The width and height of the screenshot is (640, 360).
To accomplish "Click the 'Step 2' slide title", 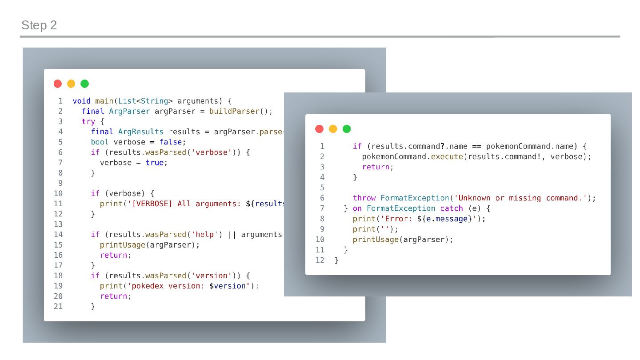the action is pos(39,25).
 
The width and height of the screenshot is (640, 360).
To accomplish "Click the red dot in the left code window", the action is pos(58,84).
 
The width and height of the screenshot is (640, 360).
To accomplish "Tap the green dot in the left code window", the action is pos(84,84).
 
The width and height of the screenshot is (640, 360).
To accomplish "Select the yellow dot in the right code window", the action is pos(333,129).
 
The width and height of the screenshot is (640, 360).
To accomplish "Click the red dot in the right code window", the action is pos(319,129).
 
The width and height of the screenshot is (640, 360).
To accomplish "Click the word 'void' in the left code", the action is pos(81,101).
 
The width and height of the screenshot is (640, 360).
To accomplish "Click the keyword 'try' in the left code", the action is pos(88,121).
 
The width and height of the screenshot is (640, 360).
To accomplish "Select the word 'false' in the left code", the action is pos(171,142).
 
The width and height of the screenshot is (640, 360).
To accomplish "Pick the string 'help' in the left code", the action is pos(207,234).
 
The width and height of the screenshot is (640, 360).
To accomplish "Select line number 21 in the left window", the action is pos(58,306).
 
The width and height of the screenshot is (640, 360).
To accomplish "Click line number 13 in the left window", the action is pos(58,224).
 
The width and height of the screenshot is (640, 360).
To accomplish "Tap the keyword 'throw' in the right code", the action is pos(364,198).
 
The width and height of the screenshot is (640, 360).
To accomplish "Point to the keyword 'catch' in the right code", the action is pos(452,208).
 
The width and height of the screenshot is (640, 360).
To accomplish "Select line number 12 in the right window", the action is pos(320,260).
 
